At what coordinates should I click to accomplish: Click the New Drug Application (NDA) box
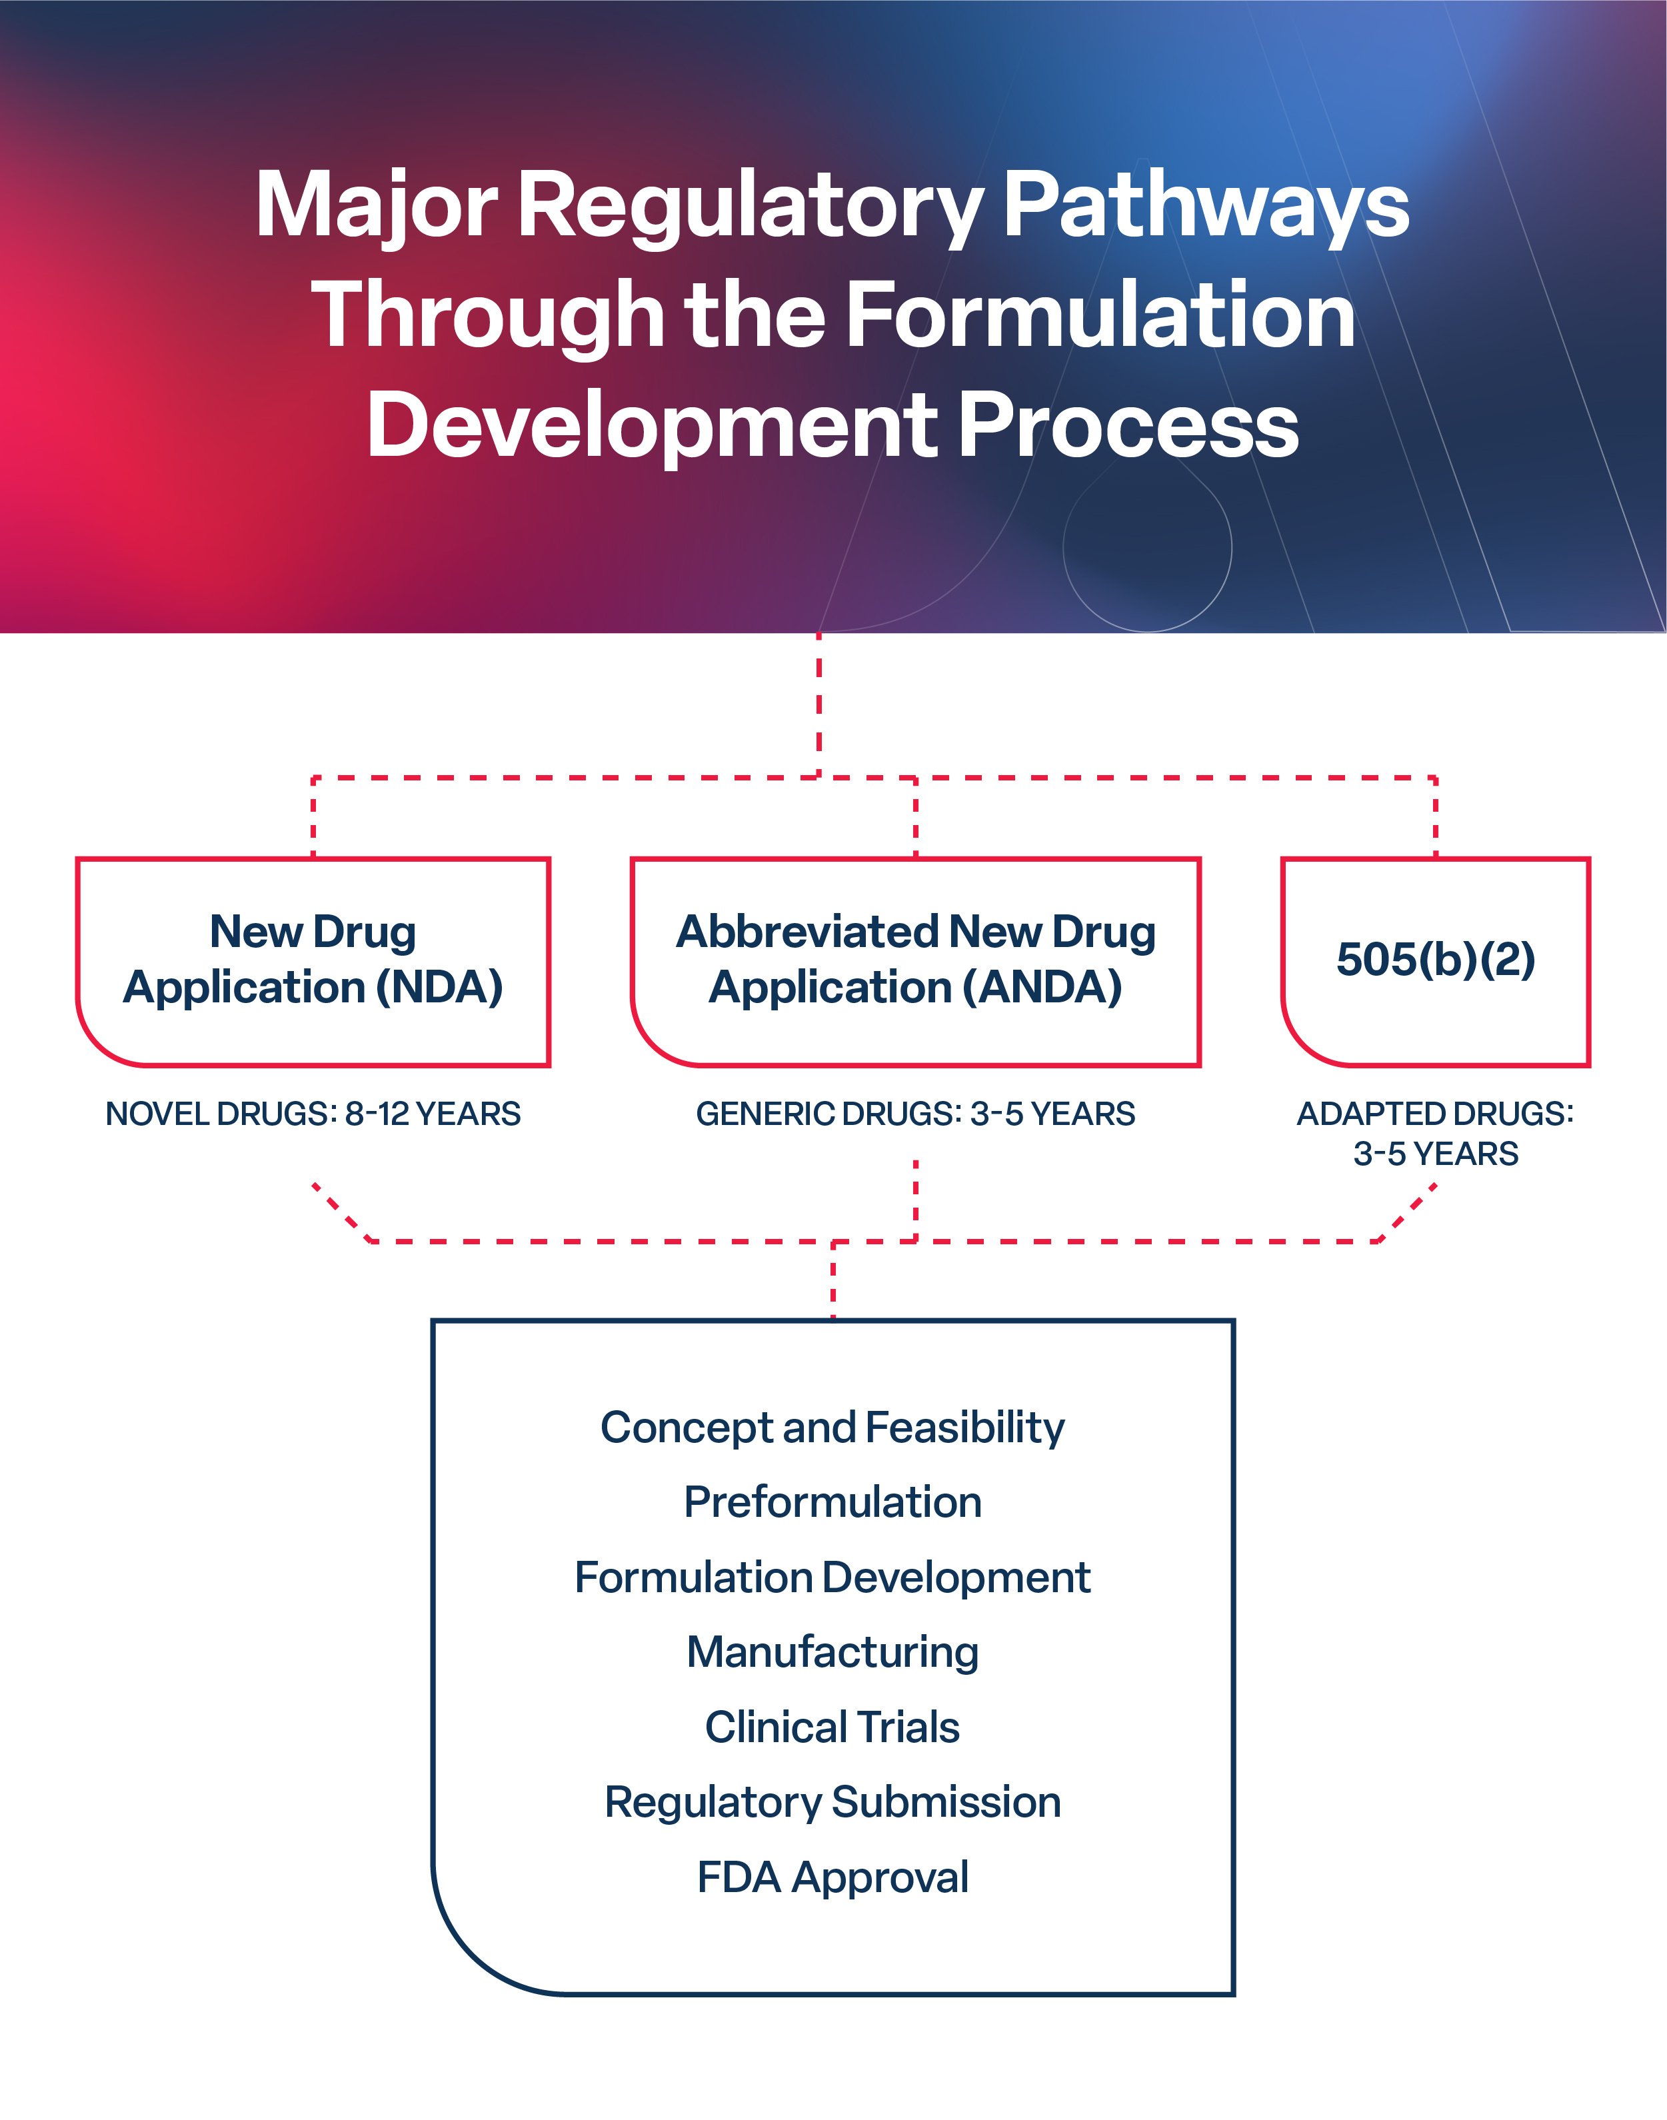313,961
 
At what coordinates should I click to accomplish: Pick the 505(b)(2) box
1434,961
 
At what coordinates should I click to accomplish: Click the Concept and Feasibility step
833,1428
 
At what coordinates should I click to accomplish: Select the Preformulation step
833,1502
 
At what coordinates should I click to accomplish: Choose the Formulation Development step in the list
833,1578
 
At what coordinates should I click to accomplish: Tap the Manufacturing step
833,1653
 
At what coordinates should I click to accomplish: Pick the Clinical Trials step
833,1728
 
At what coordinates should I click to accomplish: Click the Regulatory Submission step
833,1803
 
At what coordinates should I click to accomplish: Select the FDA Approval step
833,1878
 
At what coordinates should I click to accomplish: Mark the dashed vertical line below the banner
819,702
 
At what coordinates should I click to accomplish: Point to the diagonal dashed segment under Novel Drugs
341,1213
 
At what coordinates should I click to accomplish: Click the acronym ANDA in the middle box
1041,987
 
